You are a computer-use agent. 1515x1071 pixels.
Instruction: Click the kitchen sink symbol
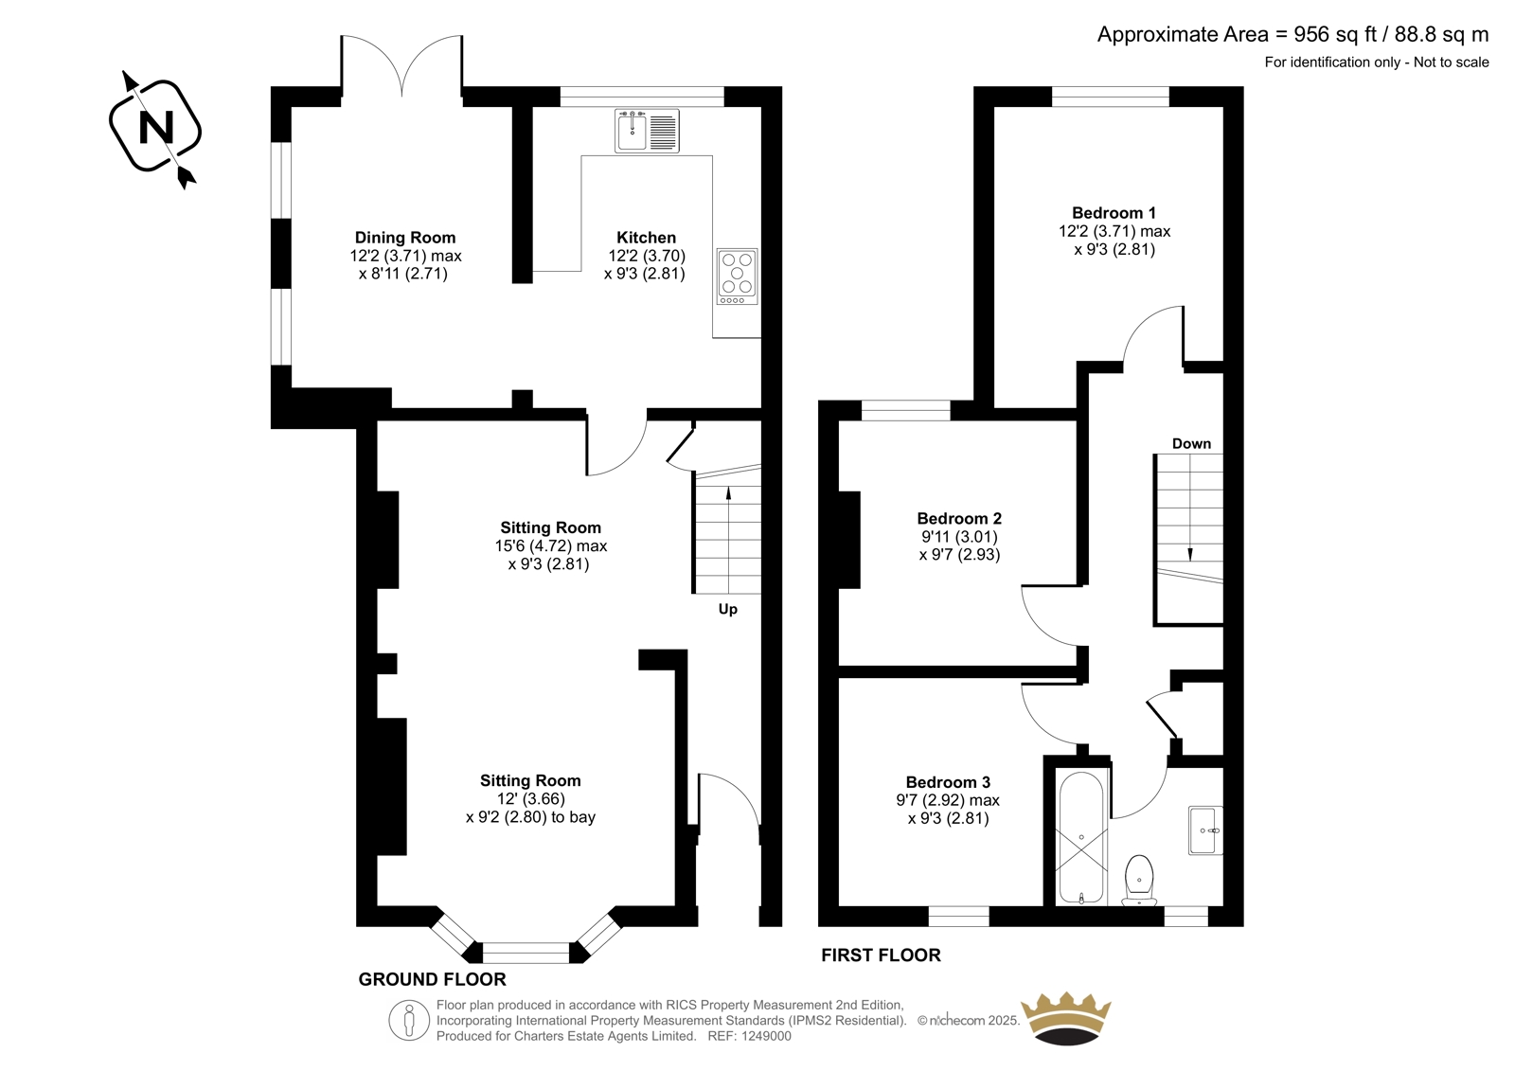click(x=648, y=131)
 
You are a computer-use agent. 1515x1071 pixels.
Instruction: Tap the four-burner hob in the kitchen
click(x=738, y=277)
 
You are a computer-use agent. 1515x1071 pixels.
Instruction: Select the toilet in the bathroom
click(x=1140, y=881)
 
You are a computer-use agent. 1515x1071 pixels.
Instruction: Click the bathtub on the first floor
click(x=1081, y=838)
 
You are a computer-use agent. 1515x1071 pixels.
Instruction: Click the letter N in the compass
click(x=155, y=127)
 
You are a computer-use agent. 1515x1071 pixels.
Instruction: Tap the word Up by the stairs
click(x=728, y=610)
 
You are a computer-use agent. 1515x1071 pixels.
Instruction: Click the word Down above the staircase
click(x=1192, y=444)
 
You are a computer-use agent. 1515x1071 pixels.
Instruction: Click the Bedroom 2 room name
click(x=959, y=518)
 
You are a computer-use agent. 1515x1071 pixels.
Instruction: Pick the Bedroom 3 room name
click(x=948, y=782)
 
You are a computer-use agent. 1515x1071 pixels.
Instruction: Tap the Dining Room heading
click(x=405, y=238)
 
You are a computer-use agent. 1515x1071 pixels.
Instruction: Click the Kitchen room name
click(x=646, y=238)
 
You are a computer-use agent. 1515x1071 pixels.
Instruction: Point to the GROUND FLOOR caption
click(x=432, y=979)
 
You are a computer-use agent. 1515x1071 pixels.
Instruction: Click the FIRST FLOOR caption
click(x=881, y=955)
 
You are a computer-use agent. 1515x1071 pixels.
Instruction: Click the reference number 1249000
click(x=766, y=1037)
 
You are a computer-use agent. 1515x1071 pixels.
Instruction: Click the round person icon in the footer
click(x=409, y=1020)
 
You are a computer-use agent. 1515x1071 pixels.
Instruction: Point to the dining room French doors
click(x=402, y=65)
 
